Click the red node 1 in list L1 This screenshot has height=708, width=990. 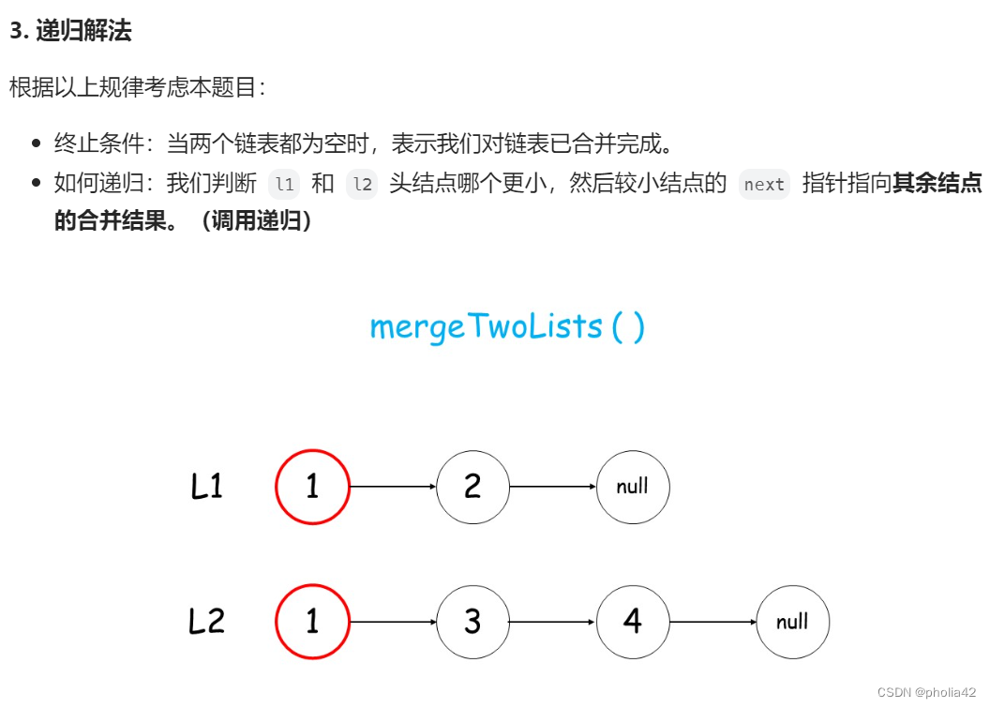pos(312,487)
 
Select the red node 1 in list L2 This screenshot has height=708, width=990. pos(312,622)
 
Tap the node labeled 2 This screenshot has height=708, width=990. pos(472,487)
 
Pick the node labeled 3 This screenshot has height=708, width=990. pos(472,622)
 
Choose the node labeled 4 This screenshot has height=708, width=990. pos(633,622)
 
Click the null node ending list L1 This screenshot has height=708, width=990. pos(633,487)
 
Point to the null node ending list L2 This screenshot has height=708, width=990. pos(793,622)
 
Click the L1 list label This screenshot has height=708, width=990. pos(207,487)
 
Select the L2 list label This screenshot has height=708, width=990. pos(207,622)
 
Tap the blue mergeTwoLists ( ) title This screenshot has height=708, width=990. pos(507,326)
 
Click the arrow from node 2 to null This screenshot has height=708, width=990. pos(553,488)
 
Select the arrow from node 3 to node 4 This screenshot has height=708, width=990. pos(553,623)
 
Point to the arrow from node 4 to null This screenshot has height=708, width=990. pos(713,623)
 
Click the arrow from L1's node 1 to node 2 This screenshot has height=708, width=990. pos(393,488)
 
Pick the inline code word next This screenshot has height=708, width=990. pos(764,185)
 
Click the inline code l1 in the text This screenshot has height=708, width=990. pos(284,185)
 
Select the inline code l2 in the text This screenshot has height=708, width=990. pos(362,185)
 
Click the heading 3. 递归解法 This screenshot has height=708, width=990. pos(70,31)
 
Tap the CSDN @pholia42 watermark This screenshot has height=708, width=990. pos(926,691)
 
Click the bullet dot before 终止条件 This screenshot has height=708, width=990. pos(37,144)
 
